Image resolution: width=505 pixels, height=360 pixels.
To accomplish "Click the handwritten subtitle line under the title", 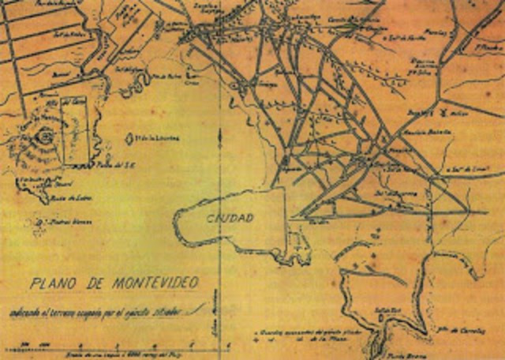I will [x=103, y=309].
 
